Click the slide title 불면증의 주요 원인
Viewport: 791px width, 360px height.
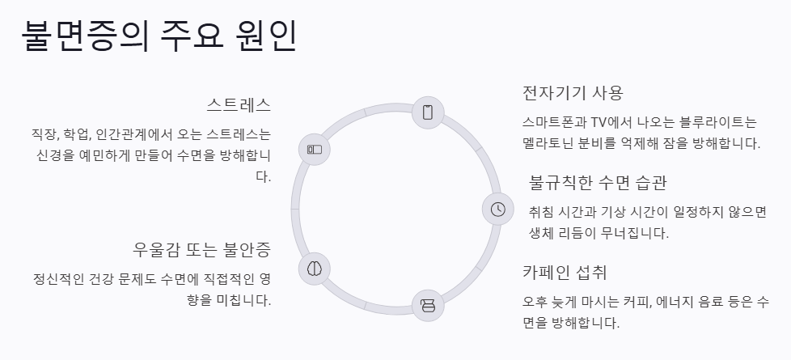tap(159, 36)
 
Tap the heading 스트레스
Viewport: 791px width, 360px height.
tap(239, 105)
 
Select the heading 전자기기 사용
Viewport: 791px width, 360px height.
tap(573, 92)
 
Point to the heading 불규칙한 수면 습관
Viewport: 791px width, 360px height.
tap(598, 182)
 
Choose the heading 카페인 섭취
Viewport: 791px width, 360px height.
tap(565, 272)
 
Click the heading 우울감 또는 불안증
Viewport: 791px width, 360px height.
tap(201, 248)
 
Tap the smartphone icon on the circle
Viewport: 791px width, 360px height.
tap(428, 112)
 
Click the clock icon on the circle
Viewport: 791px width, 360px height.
tap(498, 209)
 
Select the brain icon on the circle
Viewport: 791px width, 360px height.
tap(315, 268)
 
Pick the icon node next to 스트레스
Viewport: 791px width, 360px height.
tap(315, 150)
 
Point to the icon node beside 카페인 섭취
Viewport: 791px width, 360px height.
tap(428, 306)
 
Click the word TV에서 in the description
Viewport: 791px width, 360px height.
tap(608, 123)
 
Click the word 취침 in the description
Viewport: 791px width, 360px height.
tap(544, 212)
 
